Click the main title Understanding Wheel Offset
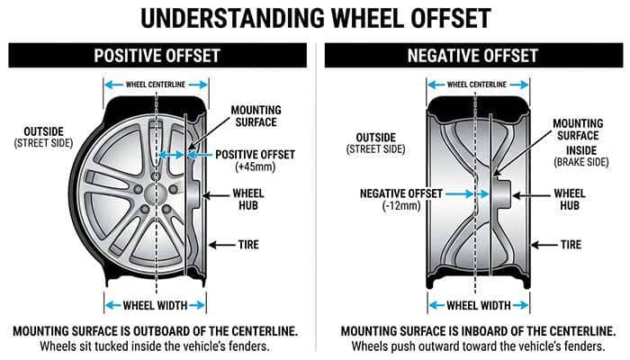[x=314, y=19]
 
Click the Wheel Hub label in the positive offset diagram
[x=248, y=199]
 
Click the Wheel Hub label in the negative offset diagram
[x=570, y=199]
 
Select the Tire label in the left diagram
[x=248, y=244]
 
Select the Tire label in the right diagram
[x=570, y=244]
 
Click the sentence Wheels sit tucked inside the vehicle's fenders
[x=156, y=346]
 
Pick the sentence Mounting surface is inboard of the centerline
[x=471, y=329]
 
